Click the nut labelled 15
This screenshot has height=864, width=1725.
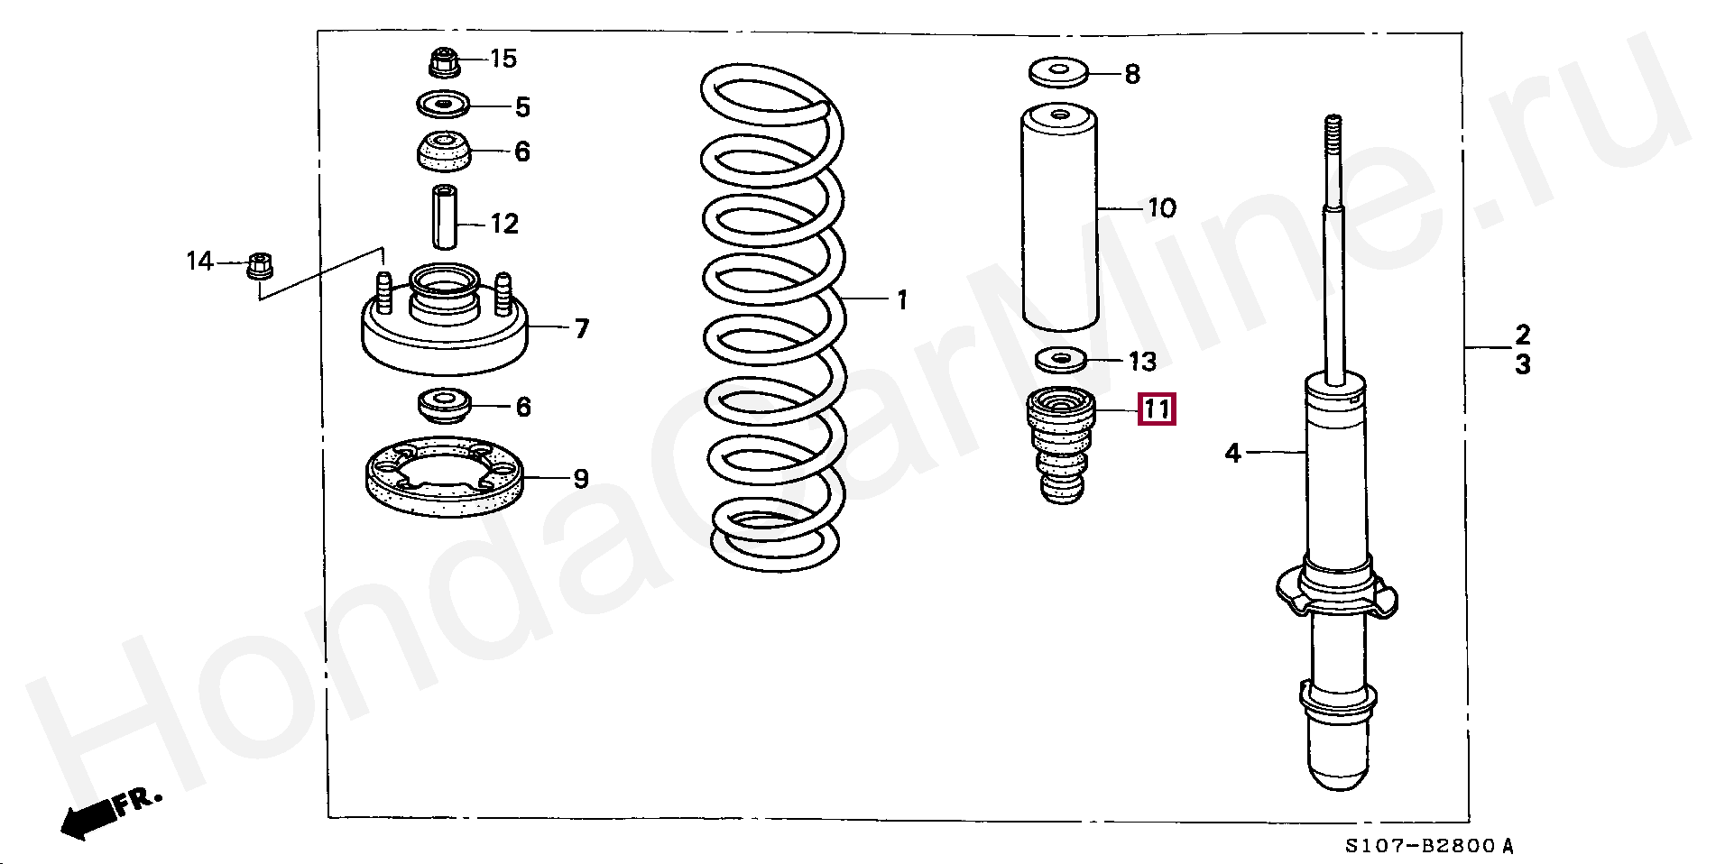click(442, 62)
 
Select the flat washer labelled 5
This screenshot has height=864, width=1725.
click(443, 106)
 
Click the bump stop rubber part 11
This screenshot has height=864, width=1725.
click(1061, 444)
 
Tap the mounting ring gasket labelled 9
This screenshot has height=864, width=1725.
click(445, 476)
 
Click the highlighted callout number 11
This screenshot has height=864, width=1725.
click(1157, 410)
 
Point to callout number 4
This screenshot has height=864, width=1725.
click(1233, 453)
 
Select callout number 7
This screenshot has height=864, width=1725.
click(581, 328)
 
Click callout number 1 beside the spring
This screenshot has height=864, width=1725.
click(901, 299)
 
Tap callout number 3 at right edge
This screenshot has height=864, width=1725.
click(1522, 365)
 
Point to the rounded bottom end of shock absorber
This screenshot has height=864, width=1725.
click(1339, 771)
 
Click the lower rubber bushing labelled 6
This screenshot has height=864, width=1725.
click(444, 406)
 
